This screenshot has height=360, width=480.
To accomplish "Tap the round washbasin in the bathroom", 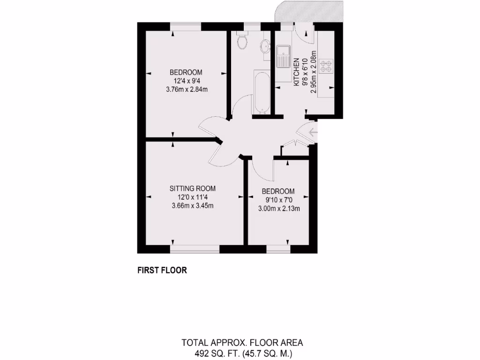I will [265, 46].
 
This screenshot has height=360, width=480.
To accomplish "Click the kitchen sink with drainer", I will [283, 57].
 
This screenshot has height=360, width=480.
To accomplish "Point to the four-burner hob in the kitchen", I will [326, 67].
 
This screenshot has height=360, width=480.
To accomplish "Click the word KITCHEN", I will [296, 73].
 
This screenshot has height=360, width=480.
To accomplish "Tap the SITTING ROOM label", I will [193, 188].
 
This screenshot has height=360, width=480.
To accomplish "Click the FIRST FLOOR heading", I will [162, 270].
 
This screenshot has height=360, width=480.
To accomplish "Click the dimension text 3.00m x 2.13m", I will [279, 209].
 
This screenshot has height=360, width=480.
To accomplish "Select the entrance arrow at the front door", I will [313, 136].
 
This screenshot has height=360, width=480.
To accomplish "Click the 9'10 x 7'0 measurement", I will [278, 200].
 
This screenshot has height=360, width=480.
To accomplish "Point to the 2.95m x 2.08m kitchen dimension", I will [314, 73].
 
